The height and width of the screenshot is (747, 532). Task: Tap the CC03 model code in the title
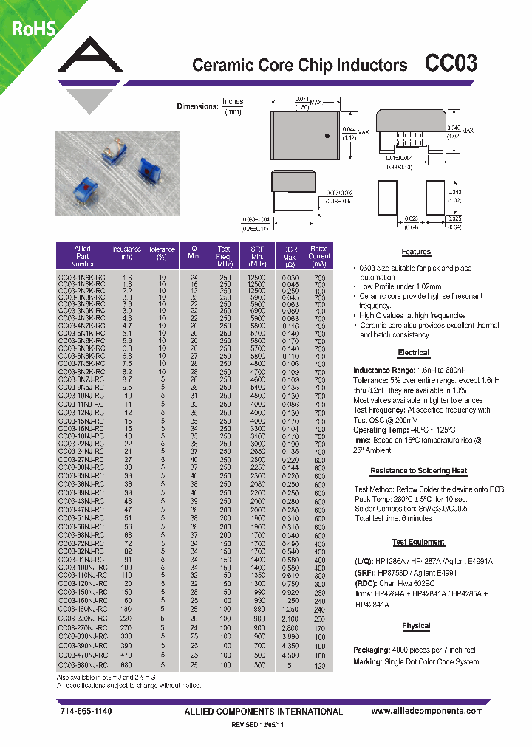(x=450, y=64)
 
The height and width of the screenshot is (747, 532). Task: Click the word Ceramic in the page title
(x=220, y=65)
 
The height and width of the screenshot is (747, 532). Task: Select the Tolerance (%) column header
(x=161, y=255)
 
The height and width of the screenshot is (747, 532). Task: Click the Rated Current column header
(x=318, y=255)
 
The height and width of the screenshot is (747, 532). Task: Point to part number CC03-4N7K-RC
(x=81, y=325)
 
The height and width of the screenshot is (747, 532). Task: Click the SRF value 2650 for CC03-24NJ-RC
(x=256, y=450)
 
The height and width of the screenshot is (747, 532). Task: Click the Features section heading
(x=415, y=252)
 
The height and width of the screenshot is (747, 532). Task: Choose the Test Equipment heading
(x=418, y=542)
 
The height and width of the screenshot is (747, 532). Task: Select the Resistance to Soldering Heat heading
(x=418, y=470)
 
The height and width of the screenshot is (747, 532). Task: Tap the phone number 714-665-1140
(x=86, y=712)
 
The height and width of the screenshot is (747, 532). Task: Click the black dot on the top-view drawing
(x=326, y=135)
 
